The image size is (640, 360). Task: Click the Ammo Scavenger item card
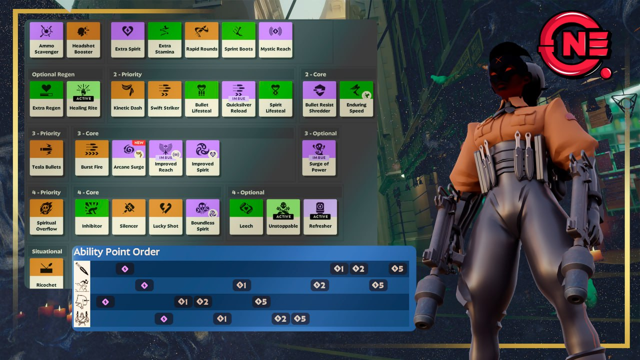46,39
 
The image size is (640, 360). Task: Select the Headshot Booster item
83,39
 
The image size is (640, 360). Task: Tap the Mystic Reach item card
275,39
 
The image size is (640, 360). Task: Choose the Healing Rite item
83,99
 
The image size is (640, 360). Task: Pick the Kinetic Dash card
127,99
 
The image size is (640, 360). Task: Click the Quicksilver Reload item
238,99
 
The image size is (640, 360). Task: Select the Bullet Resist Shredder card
319,99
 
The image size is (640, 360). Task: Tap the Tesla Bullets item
46,157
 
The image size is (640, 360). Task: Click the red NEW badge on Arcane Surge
139,142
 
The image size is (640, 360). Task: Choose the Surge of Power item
319,157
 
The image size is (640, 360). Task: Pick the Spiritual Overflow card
46,217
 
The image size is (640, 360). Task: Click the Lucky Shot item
165,217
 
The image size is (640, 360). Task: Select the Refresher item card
320,217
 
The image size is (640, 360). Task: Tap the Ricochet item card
46,273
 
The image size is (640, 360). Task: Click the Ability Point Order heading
116,252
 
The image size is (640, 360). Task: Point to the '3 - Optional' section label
320,133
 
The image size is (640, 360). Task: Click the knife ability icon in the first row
82,268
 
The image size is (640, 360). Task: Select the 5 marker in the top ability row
397,268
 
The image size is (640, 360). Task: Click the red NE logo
575,45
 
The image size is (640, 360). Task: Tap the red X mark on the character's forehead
498,59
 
